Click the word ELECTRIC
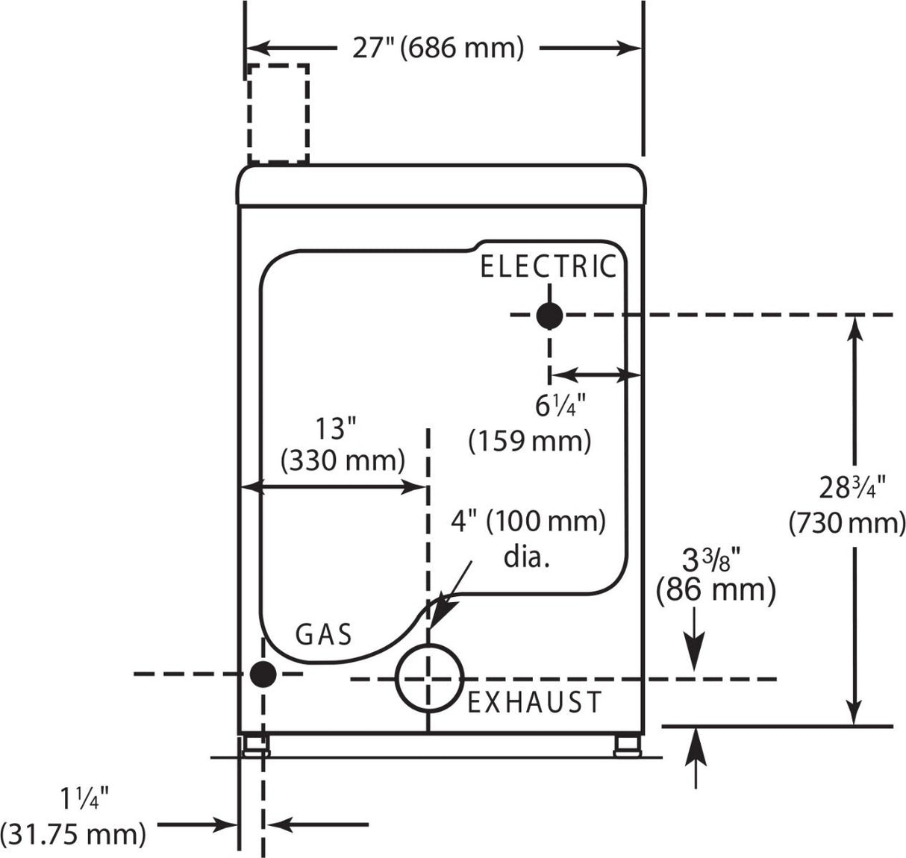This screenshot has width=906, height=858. (x=548, y=266)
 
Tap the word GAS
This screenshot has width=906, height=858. (x=323, y=634)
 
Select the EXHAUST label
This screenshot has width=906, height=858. (x=534, y=702)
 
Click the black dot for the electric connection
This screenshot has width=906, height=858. (x=549, y=316)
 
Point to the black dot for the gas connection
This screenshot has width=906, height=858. (x=263, y=674)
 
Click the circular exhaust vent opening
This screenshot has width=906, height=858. (x=429, y=677)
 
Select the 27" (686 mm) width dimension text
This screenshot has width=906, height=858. (x=438, y=48)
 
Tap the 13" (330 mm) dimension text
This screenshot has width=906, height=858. (x=343, y=445)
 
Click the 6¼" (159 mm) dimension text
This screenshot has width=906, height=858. (x=531, y=424)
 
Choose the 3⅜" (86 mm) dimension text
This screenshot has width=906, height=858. (x=716, y=575)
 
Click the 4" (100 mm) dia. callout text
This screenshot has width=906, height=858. (x=528, y=536)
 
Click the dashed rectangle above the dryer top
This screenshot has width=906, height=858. (x=278, y=113)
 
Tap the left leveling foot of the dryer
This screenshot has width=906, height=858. (x=255, y=746)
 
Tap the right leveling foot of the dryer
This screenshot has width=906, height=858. (x=626, y=746)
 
